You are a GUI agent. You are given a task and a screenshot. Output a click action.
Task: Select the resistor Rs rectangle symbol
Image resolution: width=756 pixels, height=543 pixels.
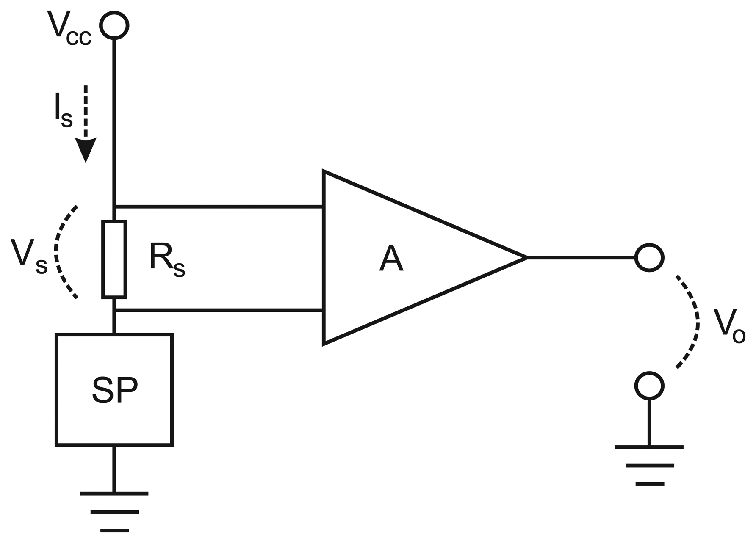[114, 259]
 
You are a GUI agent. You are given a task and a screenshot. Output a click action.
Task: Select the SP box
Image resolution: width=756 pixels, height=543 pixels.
[114, 389]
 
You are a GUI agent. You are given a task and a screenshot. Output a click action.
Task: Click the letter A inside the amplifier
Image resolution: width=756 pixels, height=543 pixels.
[391, 259]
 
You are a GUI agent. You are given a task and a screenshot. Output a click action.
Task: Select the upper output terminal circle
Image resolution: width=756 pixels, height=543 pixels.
[649, 257]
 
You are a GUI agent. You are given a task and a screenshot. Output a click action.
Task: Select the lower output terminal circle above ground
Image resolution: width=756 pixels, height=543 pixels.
[649, 385]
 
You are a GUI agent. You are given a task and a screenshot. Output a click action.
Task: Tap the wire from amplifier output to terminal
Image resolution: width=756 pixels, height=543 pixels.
[580, 257]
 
